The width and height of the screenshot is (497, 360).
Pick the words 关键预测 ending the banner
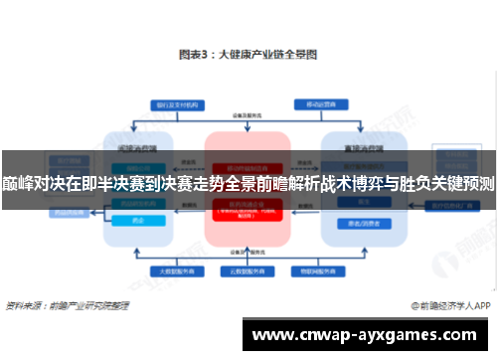(x=462, y=183)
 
